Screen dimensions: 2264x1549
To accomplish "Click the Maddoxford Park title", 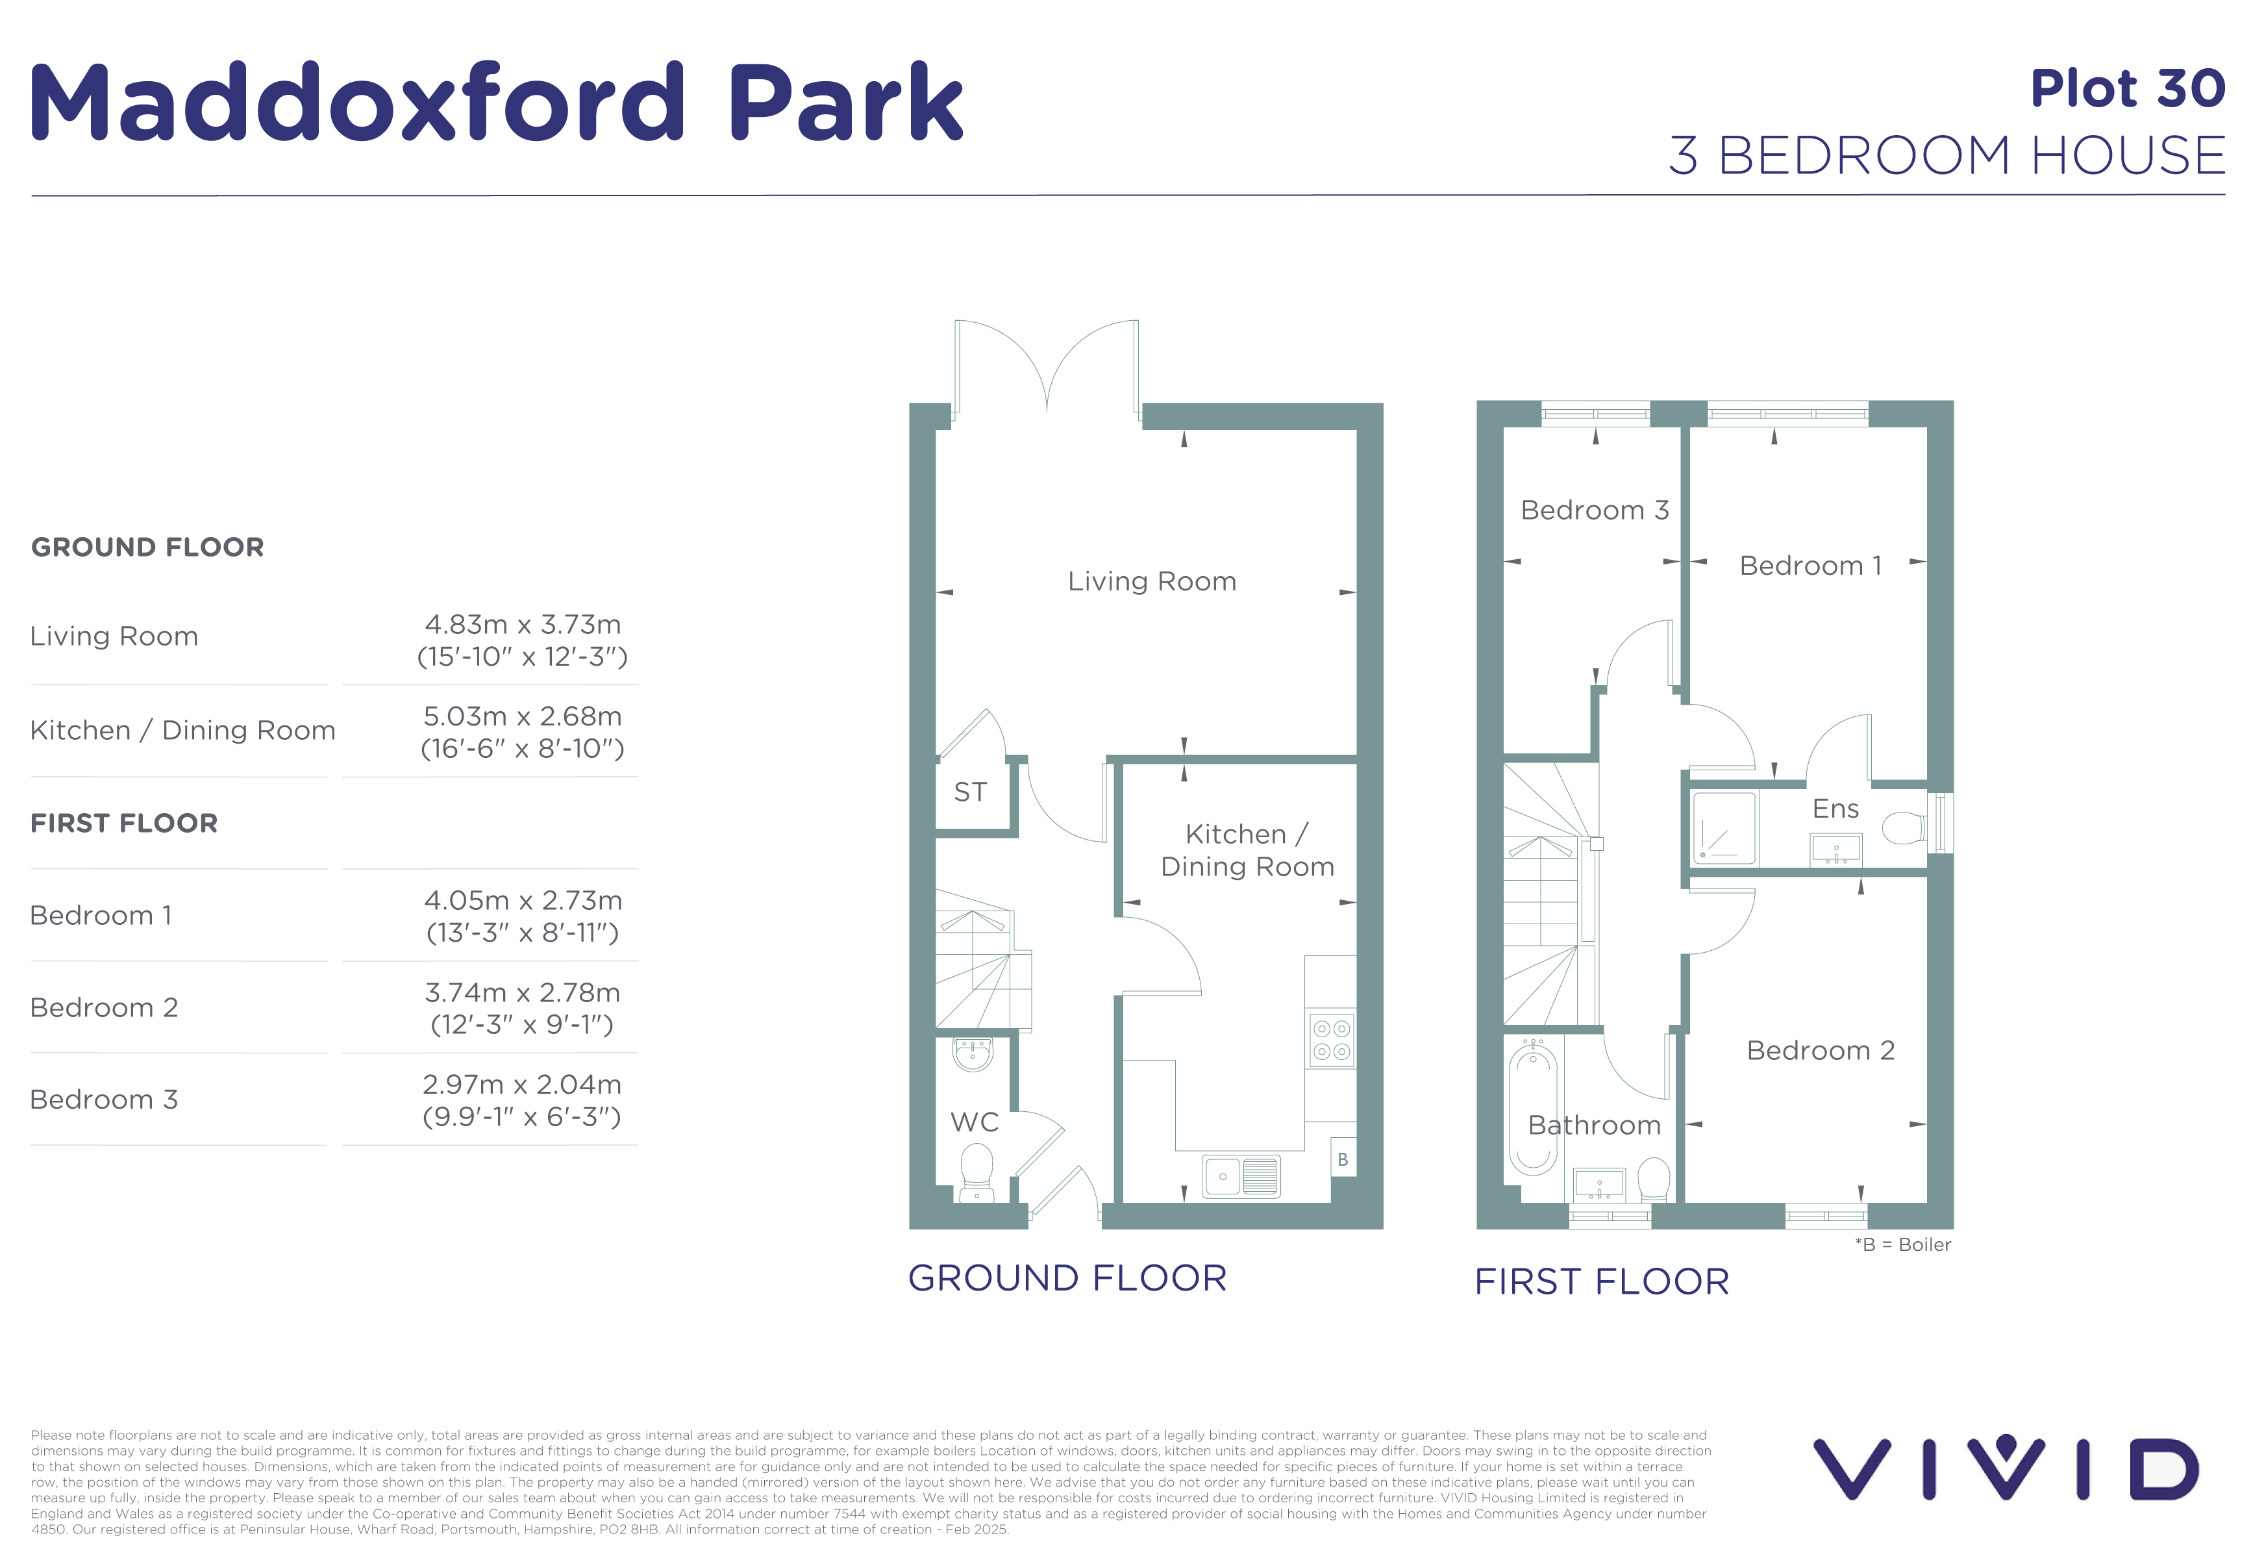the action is coord(497,103).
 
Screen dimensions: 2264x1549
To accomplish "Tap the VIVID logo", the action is coord(2006,1467).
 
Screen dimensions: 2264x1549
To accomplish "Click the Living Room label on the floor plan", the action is coord(1152,582).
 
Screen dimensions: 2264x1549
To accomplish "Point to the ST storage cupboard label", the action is coord(970,792).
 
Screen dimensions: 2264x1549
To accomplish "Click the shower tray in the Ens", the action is coord(1724,828).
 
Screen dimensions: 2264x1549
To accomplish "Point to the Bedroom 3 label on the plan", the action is coord(1595,510).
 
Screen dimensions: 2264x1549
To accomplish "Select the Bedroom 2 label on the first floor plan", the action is coord(1821,1050).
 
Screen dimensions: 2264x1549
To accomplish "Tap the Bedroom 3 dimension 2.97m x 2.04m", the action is coord(522,1085).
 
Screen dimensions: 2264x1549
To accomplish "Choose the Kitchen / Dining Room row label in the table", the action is coord(183,731).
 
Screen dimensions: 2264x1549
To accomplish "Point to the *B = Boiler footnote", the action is coord(1902,1244).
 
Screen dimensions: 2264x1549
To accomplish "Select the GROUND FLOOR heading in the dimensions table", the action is coord(147,548).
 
